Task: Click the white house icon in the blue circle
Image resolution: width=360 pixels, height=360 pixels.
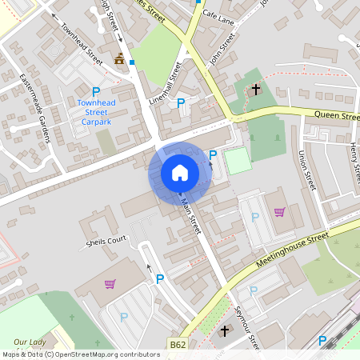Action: pyautogui.click(x=180, y=173)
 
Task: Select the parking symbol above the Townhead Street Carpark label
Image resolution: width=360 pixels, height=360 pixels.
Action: pyautogui.click(x=97, y=92)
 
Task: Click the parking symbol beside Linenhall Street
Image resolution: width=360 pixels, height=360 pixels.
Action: pyautogui.click(x=181, y=102)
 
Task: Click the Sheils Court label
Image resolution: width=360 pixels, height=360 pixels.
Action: pyautogui.click(x=106, y=240)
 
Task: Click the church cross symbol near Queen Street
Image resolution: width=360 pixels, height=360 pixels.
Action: pyautogui.click(x=256, y=89)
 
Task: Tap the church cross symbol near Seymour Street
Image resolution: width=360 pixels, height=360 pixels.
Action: pyautogui.click(x=225, y=330)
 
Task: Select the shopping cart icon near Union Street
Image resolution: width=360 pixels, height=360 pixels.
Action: pyautogui.click(x=279, y=212)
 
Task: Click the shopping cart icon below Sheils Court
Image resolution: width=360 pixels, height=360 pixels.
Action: pyautogui.click(x=110, y=283)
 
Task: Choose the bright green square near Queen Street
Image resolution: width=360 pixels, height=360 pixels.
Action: pyautogui.click(x=237, y=162)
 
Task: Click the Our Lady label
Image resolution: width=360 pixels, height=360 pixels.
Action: pyautogui.click(x=27, y=342)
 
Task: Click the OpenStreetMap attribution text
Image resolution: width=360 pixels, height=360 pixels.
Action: pyautogui.click(x=80, y=354)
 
